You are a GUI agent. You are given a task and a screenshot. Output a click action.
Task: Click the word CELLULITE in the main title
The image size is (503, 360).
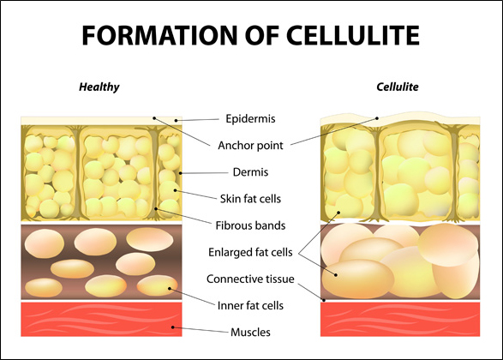click(x=352, y=35)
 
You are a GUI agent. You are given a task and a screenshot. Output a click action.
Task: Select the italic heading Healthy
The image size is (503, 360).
click(x=99, y=87)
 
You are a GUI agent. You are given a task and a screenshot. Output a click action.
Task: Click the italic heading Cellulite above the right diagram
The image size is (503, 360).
click(x=398, y=87)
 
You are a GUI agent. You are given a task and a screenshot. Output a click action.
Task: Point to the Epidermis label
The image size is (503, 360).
click(x=250, y=119)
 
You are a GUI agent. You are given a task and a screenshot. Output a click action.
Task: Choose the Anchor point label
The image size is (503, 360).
click(x=250, y=146)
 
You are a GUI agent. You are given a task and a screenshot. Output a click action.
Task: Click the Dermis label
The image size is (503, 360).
click(x=250, y=172)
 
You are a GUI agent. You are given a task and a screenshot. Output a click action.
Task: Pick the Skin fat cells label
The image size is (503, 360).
click(x=250, y=199)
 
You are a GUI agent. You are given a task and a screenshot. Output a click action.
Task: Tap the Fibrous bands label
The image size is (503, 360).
click(x=250, y=225)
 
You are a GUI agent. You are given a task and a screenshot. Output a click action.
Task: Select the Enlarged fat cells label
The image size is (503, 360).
click(x=250, y=253)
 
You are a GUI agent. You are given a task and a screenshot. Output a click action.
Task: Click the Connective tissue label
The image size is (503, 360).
click(x=250, y=279)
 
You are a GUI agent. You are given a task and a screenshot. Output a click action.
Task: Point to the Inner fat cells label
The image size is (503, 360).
click(x=250, y=306)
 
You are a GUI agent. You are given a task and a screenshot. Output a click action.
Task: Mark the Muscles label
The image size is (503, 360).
click(x=250, y=333)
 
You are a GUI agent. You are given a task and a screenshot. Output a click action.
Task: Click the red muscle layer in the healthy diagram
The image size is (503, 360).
click(x=101, y=319)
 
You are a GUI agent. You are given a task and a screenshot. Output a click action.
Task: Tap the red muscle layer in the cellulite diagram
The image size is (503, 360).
click(x=400, y=319)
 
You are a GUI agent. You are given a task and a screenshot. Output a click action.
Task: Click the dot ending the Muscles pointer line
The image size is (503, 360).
click(x=172, y=327)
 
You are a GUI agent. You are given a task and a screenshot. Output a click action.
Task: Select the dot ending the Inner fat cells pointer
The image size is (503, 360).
click(x=170, y=289)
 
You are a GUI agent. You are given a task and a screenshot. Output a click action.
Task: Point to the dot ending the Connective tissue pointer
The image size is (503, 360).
click(x=324, y=300)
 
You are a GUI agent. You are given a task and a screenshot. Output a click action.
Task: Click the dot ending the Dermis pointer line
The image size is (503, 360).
click(x=180, y=173)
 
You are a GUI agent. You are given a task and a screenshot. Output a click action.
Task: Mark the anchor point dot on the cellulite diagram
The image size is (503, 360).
click(x=377, y=118)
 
